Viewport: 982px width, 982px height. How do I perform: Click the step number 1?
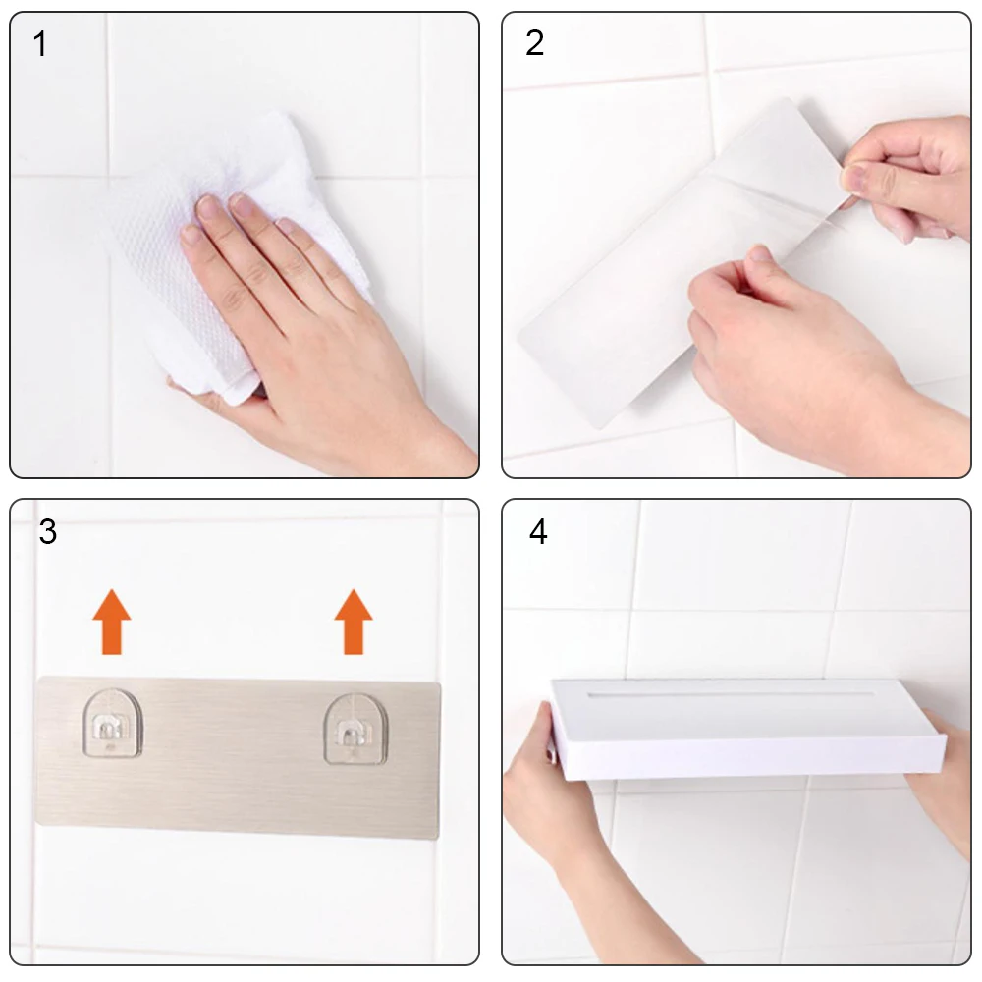(40, 44)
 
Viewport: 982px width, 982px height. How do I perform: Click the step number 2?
(534, 43)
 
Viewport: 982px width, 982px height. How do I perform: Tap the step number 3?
(47, 531)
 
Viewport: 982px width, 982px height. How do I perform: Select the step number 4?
(538, 531)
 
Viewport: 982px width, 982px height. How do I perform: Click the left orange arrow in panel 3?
(112, 622)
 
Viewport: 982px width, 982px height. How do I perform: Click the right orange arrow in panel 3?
(354, 622)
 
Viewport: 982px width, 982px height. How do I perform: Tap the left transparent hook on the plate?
(113, 724)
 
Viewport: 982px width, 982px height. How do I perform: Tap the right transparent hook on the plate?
(355, 729)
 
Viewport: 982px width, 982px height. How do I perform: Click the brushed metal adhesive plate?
(238, 757)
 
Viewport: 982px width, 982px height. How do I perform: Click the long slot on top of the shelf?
(731, 694)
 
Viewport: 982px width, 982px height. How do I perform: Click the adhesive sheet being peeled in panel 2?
(682, 263)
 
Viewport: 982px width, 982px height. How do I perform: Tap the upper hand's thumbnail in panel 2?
(851, 177)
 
